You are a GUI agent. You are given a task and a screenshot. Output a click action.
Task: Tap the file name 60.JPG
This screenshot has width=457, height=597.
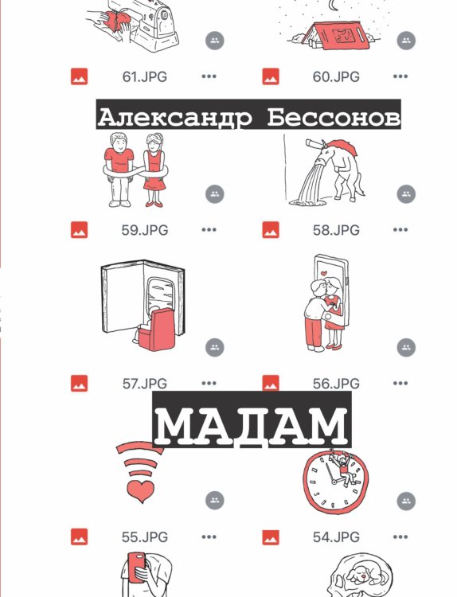(x=335, y=77)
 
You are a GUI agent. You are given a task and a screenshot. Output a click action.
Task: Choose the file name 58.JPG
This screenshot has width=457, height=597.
(x=335, y=230)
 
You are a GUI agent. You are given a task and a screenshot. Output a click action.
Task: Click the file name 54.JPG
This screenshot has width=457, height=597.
(x=335, y=537)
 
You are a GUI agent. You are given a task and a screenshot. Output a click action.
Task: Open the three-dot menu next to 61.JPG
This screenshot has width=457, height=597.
(x=209, y=77)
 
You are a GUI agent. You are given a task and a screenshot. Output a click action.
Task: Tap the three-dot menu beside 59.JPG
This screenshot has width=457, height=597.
(x=209, y=230)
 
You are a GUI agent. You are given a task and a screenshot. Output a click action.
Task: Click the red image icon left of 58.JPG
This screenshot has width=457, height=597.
(x=270, y=230)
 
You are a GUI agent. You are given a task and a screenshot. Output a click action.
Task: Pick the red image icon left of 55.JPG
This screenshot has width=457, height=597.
(x=79, y=537)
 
